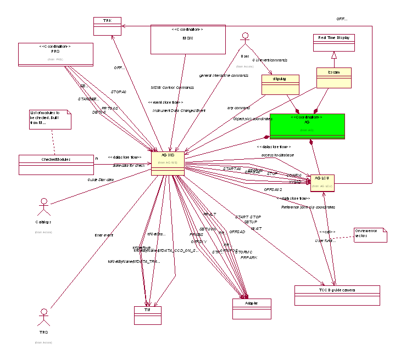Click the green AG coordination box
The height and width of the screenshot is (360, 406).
307,126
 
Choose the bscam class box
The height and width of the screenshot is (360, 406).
333,77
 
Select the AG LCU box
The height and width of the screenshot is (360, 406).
322,183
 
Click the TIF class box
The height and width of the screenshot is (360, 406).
148,315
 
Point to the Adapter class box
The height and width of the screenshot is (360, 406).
251,308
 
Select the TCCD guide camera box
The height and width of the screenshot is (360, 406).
337,295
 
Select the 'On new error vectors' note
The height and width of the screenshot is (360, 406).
370,234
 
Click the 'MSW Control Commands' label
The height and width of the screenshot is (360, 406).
172,87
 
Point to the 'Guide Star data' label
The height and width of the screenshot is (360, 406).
101,179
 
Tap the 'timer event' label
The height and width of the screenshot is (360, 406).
103,235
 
